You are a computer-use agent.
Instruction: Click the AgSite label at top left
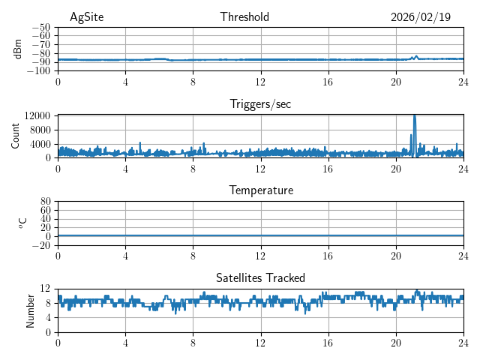86,17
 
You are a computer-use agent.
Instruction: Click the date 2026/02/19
421,17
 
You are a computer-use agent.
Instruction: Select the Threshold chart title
244,17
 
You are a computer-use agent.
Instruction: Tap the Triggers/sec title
260,104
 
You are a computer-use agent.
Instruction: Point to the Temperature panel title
260,190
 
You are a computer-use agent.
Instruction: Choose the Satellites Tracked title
260,277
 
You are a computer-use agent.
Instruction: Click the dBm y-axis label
18,49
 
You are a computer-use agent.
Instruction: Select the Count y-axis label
15,136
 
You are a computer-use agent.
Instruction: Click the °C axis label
22,223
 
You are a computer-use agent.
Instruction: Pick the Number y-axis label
30,310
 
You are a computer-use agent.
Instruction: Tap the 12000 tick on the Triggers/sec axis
37,116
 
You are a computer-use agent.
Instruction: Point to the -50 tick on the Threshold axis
40,27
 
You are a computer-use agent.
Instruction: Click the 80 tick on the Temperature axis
45,202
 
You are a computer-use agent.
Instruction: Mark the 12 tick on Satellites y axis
45,289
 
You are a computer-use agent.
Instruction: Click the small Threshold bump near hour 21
416,55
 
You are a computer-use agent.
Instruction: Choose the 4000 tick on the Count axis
40,144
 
